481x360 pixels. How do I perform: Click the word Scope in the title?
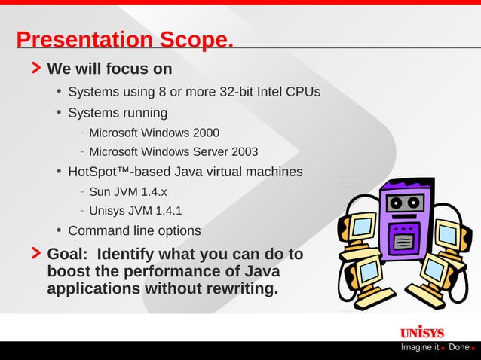coord(195,40)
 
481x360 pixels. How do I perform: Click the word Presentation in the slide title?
coord(84,40)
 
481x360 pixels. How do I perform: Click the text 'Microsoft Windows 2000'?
coord(154,133)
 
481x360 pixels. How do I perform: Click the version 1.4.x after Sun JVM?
coord(154,191)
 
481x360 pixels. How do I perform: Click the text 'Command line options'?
coord(134,230)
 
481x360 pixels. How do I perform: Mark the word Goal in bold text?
coord(67,254)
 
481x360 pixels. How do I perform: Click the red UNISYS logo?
coord(422,333)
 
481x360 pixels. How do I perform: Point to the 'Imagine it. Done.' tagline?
coord(437,347)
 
